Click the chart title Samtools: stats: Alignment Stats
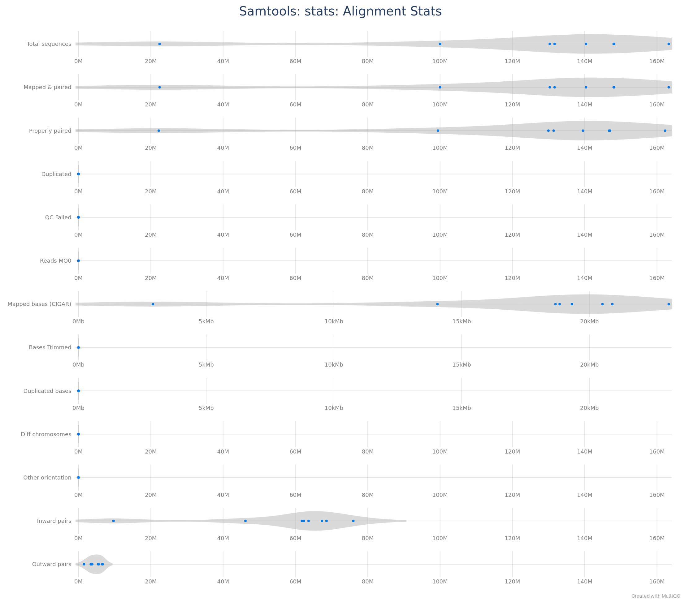[x=340, y=11]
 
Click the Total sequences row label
[x=49, y=44]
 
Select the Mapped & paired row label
[x=47, y=87]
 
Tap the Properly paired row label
[x=50, y=131]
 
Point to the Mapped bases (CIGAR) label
[x=39, y=304]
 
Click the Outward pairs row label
[x=52, y=564]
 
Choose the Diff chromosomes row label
[x=46, y=434]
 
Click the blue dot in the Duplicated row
[x=78, y=174]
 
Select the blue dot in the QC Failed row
[x=78, y=217]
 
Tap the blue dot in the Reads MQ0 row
[x=78, y=261]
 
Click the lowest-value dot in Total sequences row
[x=160, y=44]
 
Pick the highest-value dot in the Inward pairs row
[x=353, y=521]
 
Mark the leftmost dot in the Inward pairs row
[x=113, y=521]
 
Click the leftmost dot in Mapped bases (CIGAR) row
[x=153, y=304]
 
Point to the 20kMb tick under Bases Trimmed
[x=589, y=365]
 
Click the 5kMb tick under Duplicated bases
[x=206, y=408]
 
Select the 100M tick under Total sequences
[x=440, y=61]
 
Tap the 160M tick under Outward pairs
[x=657, y=581]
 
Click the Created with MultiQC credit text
[x=655, y=596]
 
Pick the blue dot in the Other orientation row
[x=78, y=477]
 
